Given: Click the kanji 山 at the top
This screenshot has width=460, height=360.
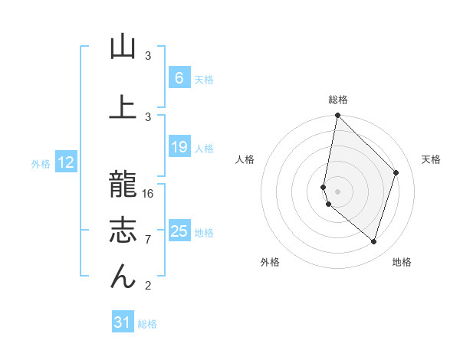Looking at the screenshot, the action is [x=123, y=47].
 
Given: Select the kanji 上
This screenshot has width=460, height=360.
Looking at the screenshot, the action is [x=123, y=106].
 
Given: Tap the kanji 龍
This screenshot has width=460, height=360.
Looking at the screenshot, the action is [x=123, y=185].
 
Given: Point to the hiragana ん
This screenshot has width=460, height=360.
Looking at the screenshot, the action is [x=123, y=277].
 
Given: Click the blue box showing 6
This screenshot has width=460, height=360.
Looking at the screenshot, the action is [x=179, y=78].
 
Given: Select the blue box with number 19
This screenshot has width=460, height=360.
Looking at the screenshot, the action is [x=179, y=147].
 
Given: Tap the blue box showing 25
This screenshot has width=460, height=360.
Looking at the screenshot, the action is [x=179, y=231].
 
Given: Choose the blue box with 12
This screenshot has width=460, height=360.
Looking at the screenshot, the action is [x=65, y=162].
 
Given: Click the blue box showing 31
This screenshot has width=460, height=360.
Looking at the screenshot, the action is [x=123, y=323].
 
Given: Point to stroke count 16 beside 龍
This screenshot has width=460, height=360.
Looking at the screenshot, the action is [x=149, y=193].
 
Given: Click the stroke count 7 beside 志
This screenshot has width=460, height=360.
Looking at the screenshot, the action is [x=148, y=240].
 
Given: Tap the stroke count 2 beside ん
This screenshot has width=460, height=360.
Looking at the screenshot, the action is [x=148, y=286].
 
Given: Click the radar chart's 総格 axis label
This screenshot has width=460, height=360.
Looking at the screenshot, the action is [x=337, y=100].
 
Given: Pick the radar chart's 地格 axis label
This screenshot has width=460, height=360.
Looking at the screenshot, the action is [x=402, y=262].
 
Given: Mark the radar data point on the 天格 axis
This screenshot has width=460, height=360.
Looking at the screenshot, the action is [x=396, y=172].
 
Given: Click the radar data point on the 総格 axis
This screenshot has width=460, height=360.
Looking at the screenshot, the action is [x=337, y=116].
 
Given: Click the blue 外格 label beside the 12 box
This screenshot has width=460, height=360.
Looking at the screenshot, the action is [x=40, y=163].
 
